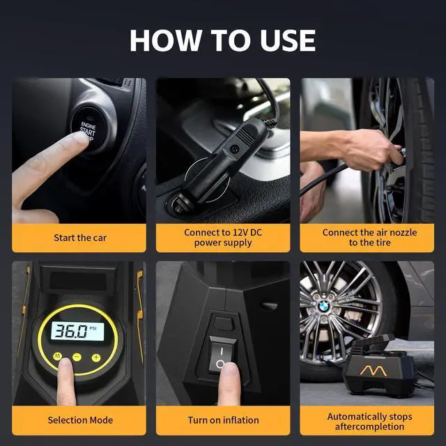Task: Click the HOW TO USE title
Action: tap(222, 40)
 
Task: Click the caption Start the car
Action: tap(80, 238)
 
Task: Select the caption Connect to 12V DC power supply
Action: tap(223, 238)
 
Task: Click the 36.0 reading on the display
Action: tap(72, 331)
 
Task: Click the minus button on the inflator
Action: tap(77, 357)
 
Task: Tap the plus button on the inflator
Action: tap(96, 357)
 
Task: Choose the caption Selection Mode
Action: tap(80, 420)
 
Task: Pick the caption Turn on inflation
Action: tap(223, 420)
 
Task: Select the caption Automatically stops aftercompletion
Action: tap(369, 421)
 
